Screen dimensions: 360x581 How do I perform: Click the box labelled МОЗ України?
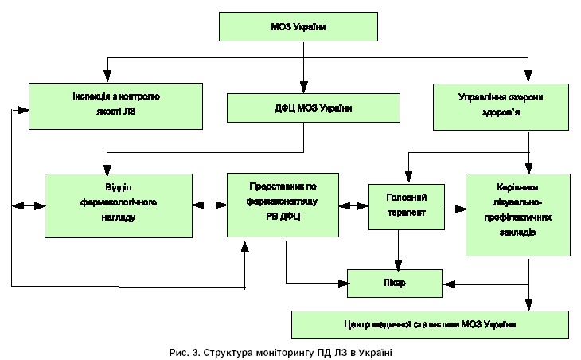pyautogui.click(x=298, y=27)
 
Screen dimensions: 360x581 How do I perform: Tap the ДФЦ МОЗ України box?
pyautogui.click(x=313, y=108)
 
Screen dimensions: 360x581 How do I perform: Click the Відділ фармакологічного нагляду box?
pyautogui.click(x=119, y=205)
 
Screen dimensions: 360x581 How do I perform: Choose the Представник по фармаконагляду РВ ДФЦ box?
pyautogui.click(x=283, y=205)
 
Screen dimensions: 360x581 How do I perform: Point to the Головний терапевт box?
pyautogui.click(x=406, y=206)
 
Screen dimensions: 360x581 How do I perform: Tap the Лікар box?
pyautogui.click(x=394, y=282)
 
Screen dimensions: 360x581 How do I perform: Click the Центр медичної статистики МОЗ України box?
pyautogui.click(x=430, y=324)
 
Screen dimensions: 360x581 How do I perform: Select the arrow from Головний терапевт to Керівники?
pyautogui.click(x=454, y=209)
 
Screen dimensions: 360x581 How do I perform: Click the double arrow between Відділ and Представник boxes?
pyautogui.click(x=209, y=205)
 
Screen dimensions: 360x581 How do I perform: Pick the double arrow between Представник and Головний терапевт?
pyautogui.click(x=353, y=205)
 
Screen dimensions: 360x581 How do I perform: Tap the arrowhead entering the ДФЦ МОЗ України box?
pyautogui.click(x=304, y=88)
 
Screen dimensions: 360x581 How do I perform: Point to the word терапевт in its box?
pyautogui.click(x=406, y=213)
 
